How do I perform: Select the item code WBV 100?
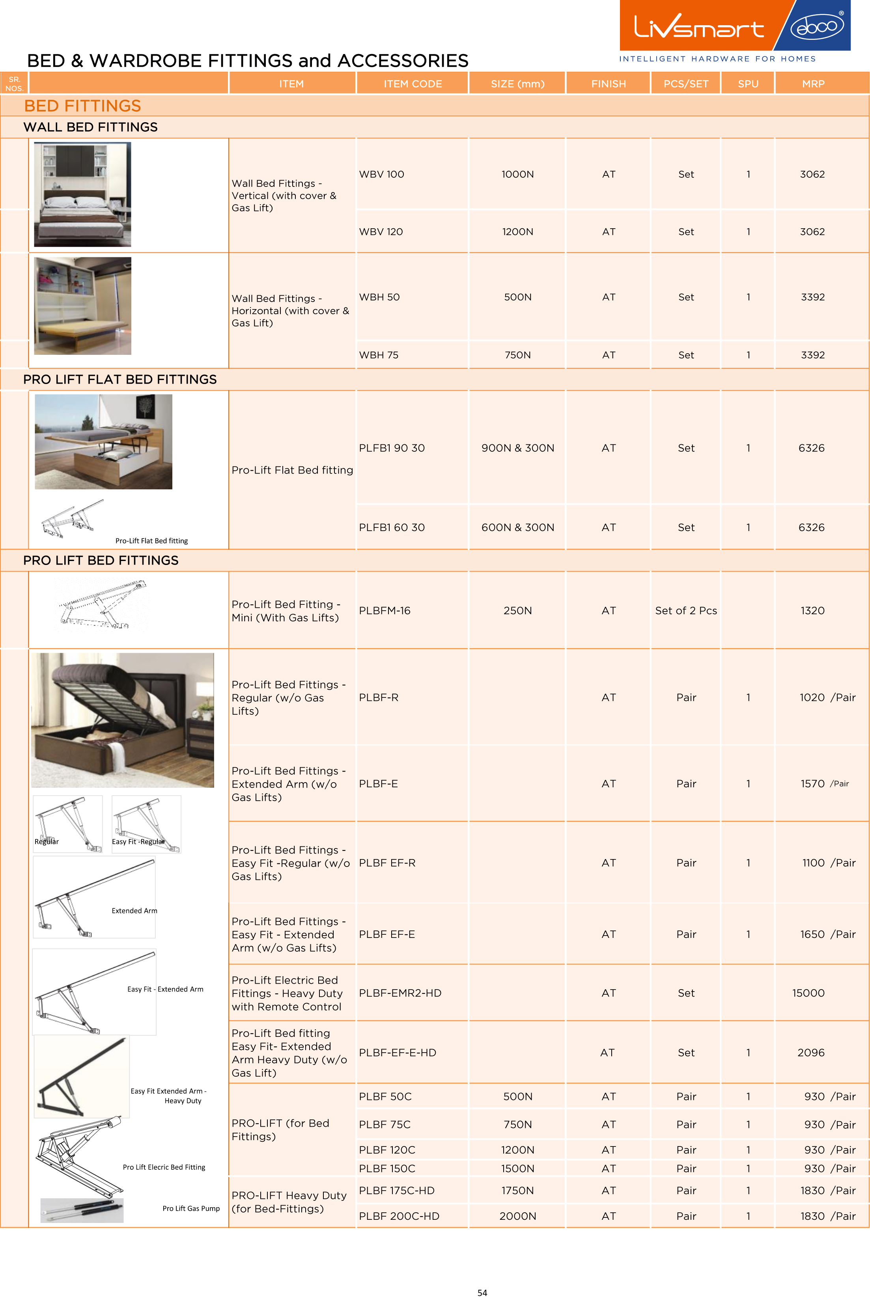click(381, 174)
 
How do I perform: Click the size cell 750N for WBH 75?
click(517, 355)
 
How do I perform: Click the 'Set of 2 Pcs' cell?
click(686, 611)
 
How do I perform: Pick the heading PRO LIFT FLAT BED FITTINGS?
click(120, 379)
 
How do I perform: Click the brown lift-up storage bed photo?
click(123, 720)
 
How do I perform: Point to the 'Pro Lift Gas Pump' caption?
click(191, 1208)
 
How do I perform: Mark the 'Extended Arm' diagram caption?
click(134, 911)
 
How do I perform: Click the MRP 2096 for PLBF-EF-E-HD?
click(810, 1053)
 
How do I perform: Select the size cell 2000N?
click(517, 1216)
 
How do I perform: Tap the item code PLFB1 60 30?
click(392, 527)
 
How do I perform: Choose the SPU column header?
click(747, 84)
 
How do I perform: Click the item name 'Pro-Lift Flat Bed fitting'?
click(292, 470)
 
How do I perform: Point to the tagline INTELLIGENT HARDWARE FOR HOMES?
click(717, 59)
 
